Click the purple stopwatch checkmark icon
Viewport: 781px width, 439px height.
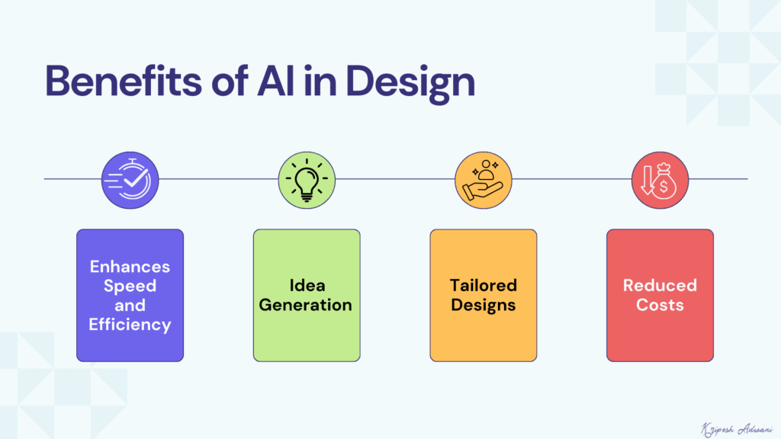tap(130, 179)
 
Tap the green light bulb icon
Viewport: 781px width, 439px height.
tap(307, 179)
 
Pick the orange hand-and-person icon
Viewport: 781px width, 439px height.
tap(484, 179)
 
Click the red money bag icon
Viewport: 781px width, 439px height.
tap(660, 179)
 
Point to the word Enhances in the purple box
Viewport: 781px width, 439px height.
tap(130, 267)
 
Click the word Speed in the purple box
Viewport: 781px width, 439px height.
tap(130, 286)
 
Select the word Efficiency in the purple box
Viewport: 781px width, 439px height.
tap(130, 325)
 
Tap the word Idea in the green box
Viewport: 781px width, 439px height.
tap(307, 285)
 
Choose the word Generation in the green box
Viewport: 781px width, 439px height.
tap(306, 305)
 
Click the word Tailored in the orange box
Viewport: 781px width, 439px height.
tap(483, 285)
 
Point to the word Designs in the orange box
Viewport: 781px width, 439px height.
tap(483, 305)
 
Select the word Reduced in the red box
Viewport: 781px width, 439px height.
tap(660, 285)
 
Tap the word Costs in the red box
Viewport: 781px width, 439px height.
tap(660, 305)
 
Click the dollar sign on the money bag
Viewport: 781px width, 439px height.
tap(665, 184)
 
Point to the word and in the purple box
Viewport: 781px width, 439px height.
tap(130, 306)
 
